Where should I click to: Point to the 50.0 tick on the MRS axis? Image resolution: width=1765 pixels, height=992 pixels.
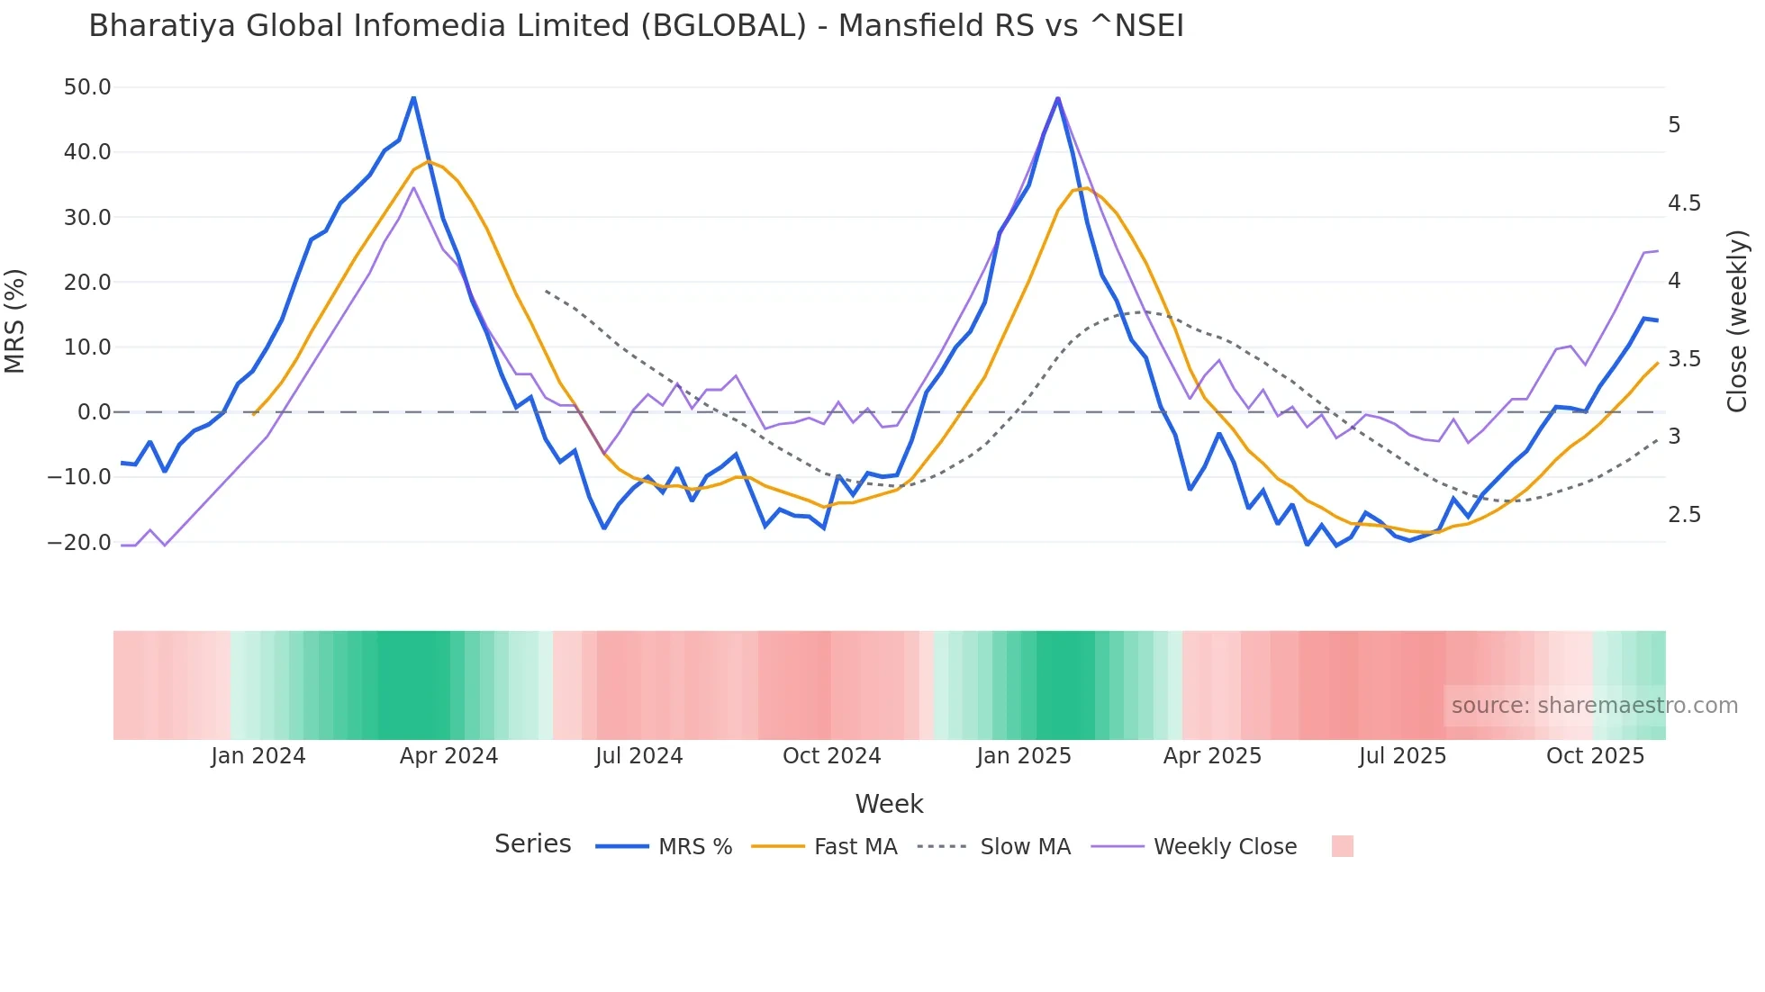pos(87,87)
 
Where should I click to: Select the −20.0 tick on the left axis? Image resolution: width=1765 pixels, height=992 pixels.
pos(79,543)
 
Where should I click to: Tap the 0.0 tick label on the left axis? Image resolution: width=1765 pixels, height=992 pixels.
pos(94,412)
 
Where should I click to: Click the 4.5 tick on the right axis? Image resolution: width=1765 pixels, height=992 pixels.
pos(1684,203)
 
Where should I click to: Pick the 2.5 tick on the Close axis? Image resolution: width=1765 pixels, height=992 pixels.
pos(1684,515)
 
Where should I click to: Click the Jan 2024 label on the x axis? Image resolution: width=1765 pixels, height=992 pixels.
pos(258,756)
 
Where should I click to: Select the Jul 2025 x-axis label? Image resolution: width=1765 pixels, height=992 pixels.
pos(1402,756)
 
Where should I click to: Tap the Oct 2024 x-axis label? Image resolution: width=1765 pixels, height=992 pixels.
pos(831,756)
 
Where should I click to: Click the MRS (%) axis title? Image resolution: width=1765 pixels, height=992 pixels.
pos(15,321)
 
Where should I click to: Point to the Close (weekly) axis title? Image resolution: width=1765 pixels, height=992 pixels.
pos(1737,321)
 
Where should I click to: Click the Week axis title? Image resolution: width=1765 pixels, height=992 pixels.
pos(889,804)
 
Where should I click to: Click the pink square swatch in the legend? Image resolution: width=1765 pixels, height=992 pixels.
pos(1342,846)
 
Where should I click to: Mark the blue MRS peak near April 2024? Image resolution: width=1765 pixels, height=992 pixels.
pos(413,97)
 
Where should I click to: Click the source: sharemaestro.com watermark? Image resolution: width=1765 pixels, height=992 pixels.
pos(1594,706)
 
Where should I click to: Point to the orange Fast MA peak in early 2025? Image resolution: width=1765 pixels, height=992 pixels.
pos(1085,187)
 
